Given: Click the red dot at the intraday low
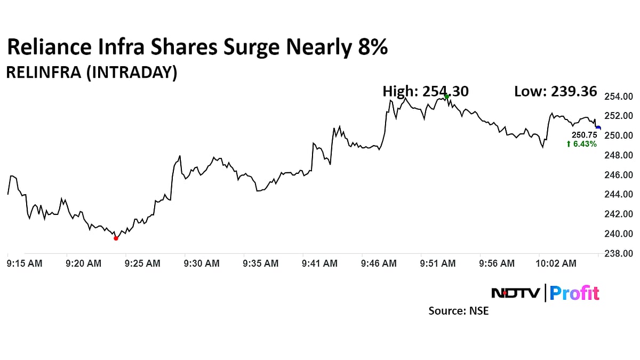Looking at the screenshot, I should pos(116,238).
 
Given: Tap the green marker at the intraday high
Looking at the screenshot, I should pos(446,97).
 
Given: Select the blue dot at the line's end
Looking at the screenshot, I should pos(598,128).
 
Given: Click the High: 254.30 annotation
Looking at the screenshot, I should pos(426,92).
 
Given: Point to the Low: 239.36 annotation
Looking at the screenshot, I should pos(555,92).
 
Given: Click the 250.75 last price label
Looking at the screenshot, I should pos(582,135).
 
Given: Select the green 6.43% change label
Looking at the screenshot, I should pos(582,144).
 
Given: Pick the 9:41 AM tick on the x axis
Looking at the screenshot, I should pos(319,263).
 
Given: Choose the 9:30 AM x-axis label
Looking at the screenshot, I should pos(202,263).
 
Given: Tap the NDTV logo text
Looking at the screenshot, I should pos(515,293).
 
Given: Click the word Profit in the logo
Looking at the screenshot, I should pos(574,293).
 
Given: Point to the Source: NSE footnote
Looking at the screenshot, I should pos(459,310).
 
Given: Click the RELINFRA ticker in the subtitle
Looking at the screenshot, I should pos(46,73).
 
